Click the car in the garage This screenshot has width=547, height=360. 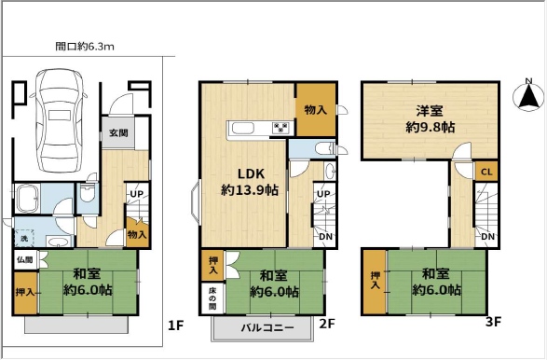pyautogui.click(x=59, y=120)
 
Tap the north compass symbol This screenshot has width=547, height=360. pyautogui.click(x=528, y=94)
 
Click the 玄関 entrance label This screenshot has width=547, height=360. pyautogui.click(x=118, y=133)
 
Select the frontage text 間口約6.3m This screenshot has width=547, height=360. pyautogui.click(x=85, y=47)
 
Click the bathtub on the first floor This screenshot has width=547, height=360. pyautogui.click(x=27, y=199)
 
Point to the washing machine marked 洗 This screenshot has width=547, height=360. pyautogui.click(x=23, y=238)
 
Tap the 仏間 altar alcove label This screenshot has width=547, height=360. pyautogui.click(x=25, y=259)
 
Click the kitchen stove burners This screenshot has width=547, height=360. pyautogui.click(x=281, y=128)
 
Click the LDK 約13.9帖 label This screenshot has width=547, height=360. pyautogui.click(x=250, y=182)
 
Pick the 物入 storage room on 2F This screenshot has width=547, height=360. pyautogui.click(x=316, y=109)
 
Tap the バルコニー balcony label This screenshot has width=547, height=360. pyautogui.click(x=267, y=328)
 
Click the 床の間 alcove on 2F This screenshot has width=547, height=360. pyautogui.click(x=212, y=298)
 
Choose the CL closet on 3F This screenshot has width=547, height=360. pyautogui.click(x=486, y=172)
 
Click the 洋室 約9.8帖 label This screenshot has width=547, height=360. pyautogui.click(x=430, y=119)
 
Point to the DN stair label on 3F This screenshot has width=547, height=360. pyautogui.click(x=487, y=237)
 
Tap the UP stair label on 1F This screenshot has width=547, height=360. pyautogui.click(x=136, y=194)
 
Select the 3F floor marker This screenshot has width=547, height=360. pyautogui.click(x=493, y=321)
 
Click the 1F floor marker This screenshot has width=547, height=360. pyautogui.click(x=175, y=325)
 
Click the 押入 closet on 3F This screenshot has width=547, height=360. pyautogui.click(x=375, y=282)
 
